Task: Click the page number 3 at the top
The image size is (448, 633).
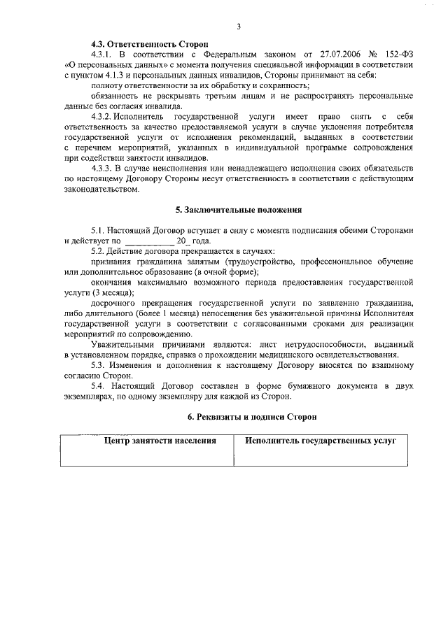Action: click(x=239, y=27)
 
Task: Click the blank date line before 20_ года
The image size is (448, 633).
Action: click(x=148, y=240)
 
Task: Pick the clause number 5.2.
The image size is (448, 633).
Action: click(x=99, y=250)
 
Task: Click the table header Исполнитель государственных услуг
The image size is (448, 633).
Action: click(x=321, y=441)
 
